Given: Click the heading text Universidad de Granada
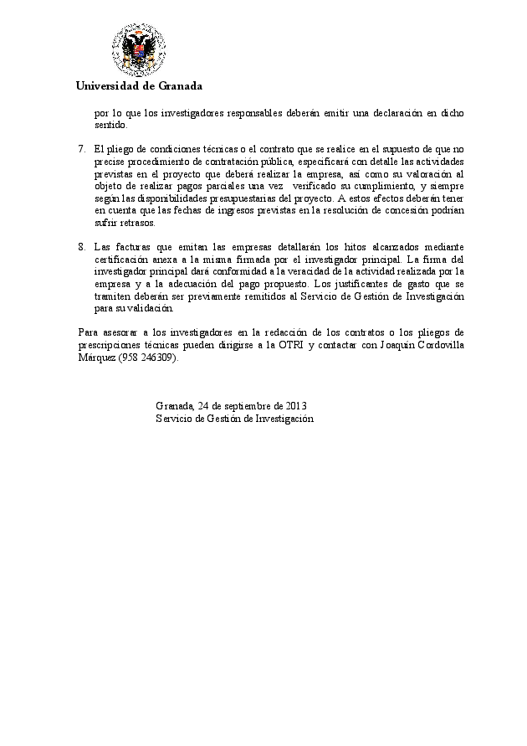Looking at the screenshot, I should point(138,86).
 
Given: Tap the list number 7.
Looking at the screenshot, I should point(81,149).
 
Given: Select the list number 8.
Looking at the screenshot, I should point(81,247).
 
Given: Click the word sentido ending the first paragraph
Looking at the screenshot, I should point(110,125).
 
